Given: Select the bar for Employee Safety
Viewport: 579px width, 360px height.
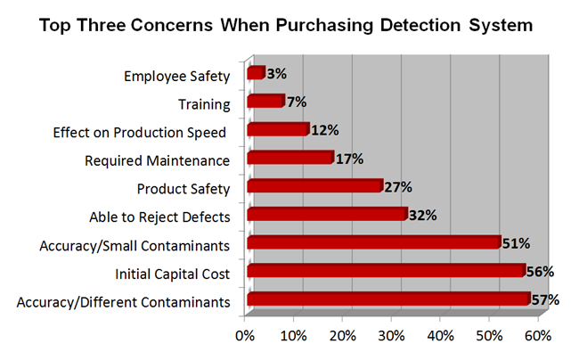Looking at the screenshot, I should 255,73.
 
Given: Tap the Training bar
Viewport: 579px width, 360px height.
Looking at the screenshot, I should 265,102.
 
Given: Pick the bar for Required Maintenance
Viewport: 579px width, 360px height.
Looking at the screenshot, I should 289,159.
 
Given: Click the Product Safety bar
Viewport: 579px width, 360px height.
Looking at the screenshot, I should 314,187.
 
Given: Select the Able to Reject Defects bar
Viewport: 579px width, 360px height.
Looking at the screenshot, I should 326,215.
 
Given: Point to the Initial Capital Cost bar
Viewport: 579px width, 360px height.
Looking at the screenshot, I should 385,271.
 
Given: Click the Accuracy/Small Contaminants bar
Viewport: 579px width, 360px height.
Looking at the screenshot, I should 373,242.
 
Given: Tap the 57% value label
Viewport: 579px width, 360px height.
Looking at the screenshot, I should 544,300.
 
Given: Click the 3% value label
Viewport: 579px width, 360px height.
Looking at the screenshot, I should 276,73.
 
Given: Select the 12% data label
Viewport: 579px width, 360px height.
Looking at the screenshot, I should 324,130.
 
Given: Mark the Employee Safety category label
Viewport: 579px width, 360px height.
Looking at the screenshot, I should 177,77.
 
